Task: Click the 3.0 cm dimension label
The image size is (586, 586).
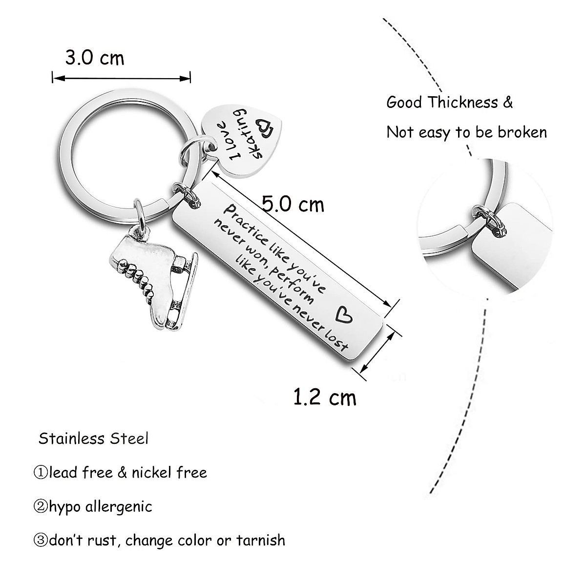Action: click(x=95, y=58)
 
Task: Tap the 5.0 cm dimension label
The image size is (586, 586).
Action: click(x=293, y=204)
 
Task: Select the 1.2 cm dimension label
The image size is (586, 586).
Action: click(x=325, y=397)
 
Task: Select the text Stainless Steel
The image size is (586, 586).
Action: click(x=93, y=438)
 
